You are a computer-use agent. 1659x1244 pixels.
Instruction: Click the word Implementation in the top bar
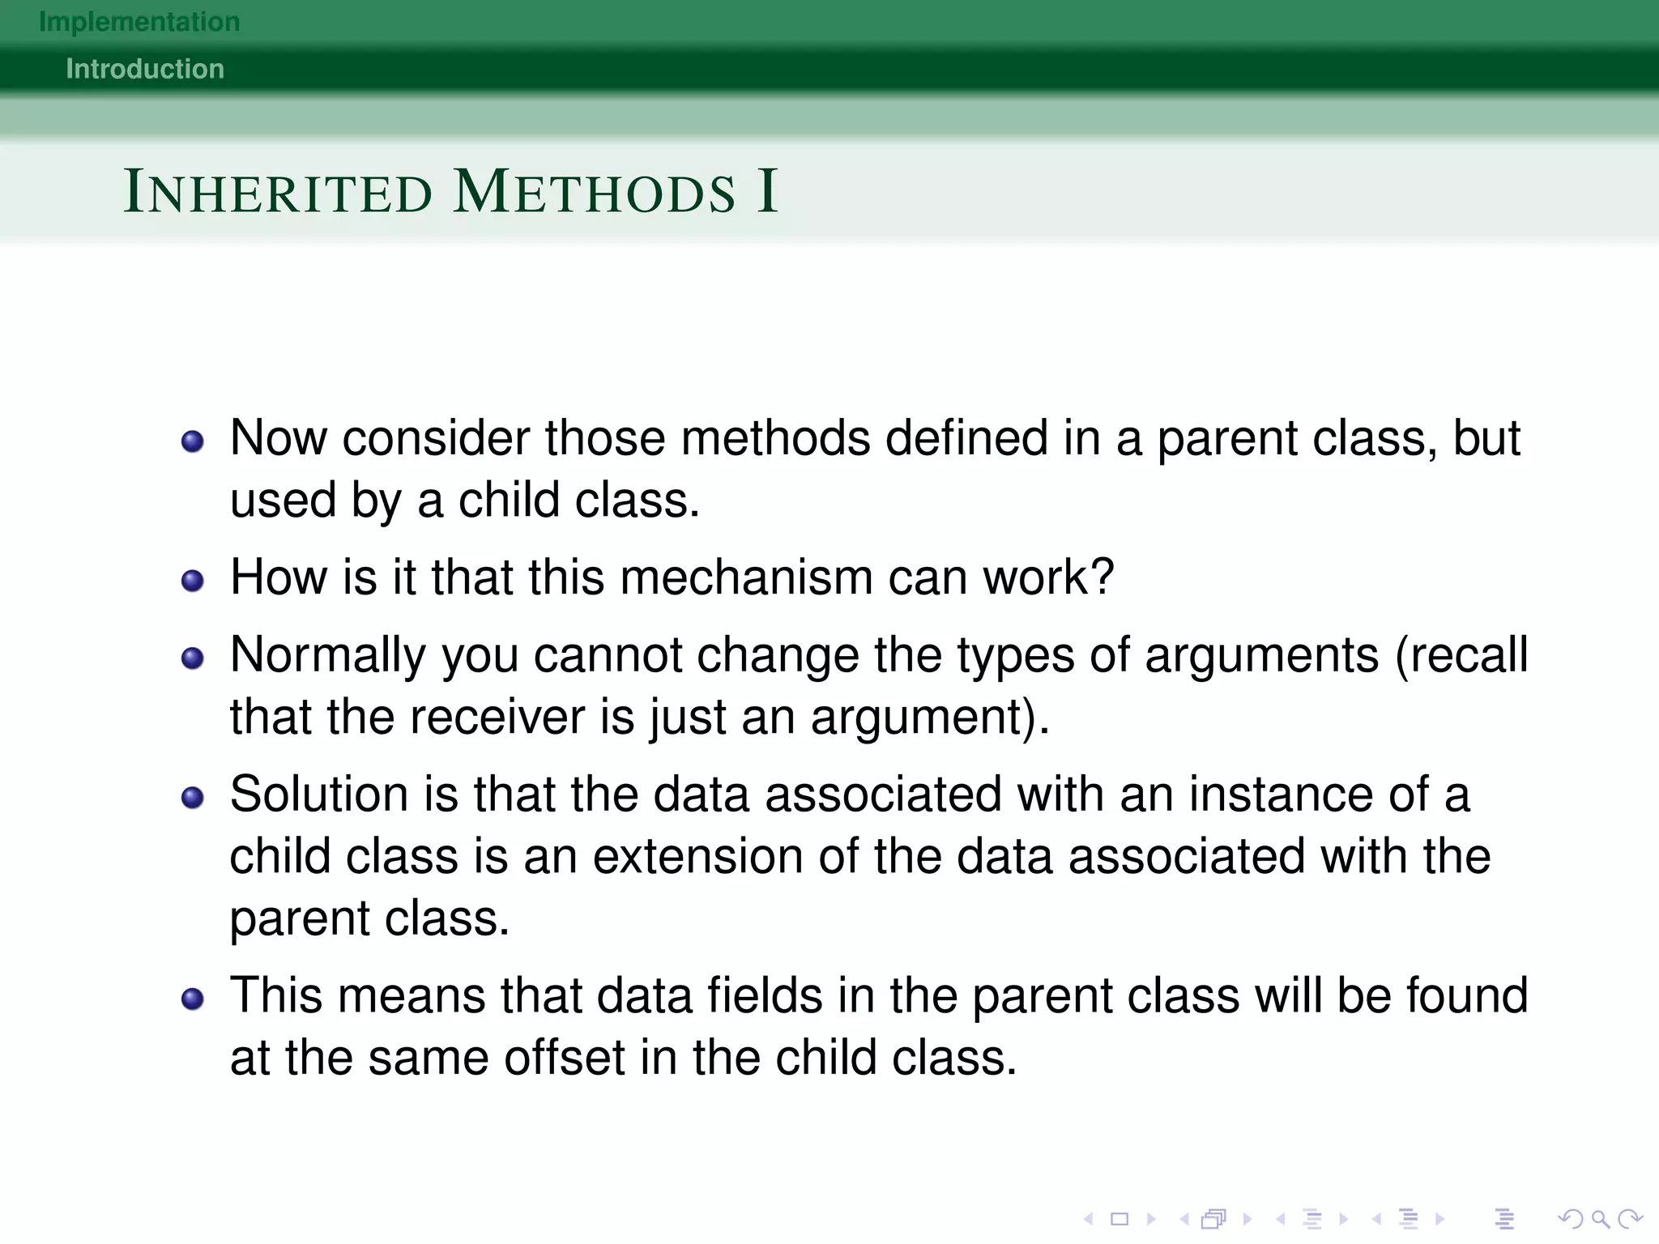[x=139, y=22]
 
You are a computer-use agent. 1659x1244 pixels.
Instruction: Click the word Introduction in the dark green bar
[x=145, y=69]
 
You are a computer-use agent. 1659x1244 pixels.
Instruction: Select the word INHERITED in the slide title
[x=278, y=193]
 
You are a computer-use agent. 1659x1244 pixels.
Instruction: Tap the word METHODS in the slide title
[x=595, y=193]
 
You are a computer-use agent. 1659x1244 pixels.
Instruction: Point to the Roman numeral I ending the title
[x=767, y=192]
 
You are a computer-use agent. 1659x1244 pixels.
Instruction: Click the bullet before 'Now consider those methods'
[x=193, y=441]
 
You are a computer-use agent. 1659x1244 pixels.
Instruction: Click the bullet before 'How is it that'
[x=193, y=581]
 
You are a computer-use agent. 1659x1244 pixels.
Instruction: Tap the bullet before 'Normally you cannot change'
[x=193, y=658]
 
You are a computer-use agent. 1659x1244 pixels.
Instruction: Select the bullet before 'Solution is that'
[x=193, y=798]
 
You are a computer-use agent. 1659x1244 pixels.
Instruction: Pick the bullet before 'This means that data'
[x=193, y=999]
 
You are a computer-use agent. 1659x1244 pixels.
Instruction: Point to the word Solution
[x=318, y=795]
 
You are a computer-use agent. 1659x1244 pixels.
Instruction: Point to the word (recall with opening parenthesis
[x=1461, y=655]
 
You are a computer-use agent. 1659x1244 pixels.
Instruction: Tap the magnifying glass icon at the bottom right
[x=1599, y=1219]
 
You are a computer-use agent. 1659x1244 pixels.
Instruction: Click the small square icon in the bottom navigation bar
[x=1120, y=1219]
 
